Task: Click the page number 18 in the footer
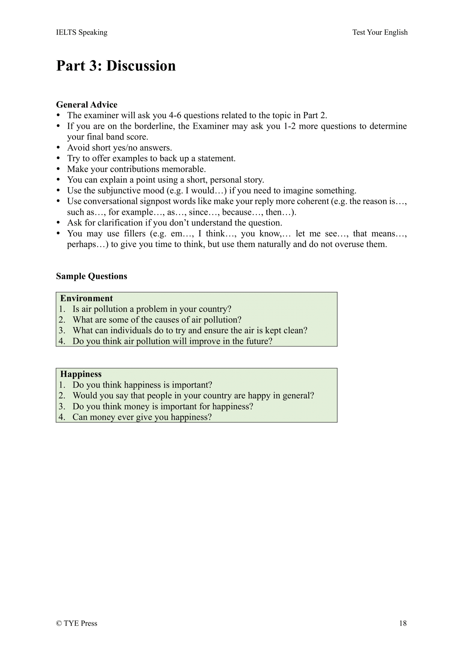coord(403,623)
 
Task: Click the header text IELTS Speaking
coord(82,32)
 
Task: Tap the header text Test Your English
coord(380,32)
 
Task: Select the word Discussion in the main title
coord(141,66)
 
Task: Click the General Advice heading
coord(87,105)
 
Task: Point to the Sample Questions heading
coord(91,276)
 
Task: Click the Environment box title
coord(86,298)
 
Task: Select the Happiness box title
coord(81,374)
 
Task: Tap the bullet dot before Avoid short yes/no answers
coord(58,148)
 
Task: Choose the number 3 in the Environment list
coord(62,331)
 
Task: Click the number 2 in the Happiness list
coord(62,396)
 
